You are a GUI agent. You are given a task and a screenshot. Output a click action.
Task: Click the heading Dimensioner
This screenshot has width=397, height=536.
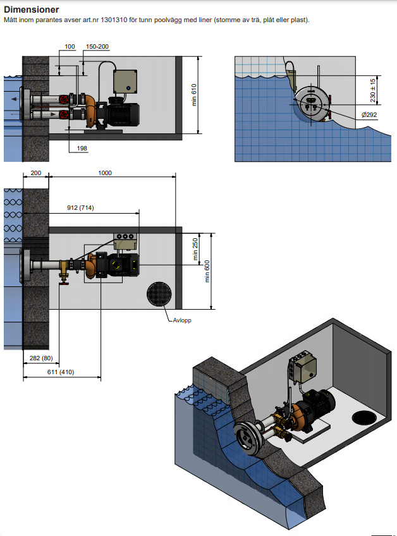[32, 9]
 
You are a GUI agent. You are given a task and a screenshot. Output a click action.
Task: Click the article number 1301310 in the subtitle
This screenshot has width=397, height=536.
[114, 20]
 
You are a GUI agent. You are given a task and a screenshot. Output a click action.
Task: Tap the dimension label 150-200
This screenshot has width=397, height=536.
[97, 47]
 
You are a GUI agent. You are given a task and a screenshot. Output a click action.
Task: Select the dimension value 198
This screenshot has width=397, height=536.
[82, 149]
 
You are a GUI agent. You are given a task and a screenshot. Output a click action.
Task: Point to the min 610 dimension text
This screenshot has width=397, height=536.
[194, 95]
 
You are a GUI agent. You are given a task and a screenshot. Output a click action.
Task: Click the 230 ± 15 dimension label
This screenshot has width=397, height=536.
[373, 90]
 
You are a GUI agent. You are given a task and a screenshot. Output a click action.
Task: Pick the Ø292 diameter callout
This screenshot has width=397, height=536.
[369, 115]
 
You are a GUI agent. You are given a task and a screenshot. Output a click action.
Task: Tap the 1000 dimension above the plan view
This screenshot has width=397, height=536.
[105, 173]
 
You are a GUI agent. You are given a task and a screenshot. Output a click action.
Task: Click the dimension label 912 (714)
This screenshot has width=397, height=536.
[80, 207]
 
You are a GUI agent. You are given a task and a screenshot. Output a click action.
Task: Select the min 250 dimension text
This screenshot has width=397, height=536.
[195, 249]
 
